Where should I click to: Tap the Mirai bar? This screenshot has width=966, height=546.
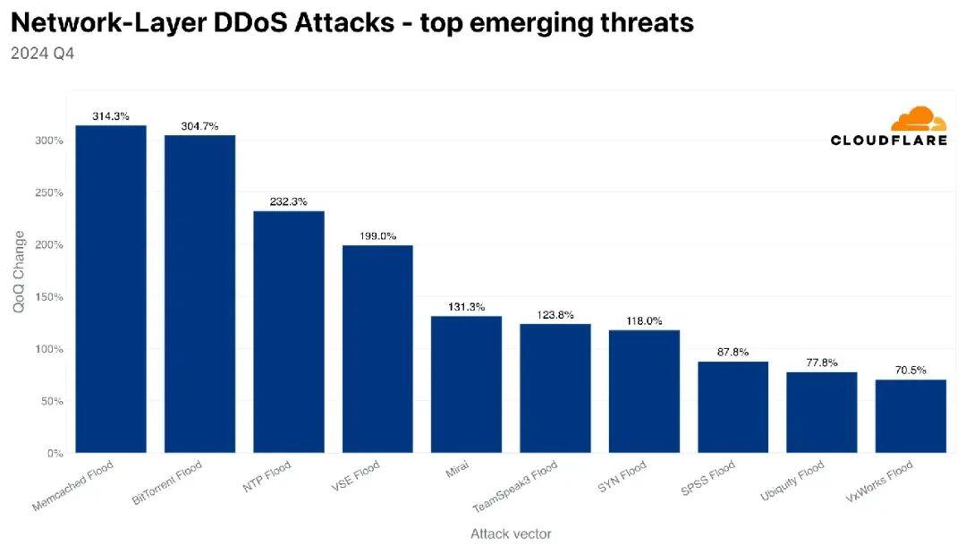[x=466, y=384]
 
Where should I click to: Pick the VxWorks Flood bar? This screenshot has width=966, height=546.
[x=911, y=415]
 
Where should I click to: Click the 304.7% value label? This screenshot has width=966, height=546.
[x=199, y=126]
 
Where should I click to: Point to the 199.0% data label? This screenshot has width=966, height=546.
[x=377, y=236]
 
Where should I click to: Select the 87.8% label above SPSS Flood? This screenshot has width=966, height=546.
[x=733, y=353]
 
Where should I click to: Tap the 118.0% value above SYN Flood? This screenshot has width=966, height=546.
[x=644, y=320]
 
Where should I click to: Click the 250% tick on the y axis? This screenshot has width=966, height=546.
[x=48, y=192]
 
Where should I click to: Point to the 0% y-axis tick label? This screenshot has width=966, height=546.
[x=55, y=453]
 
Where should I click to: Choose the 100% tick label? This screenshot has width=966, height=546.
[x=48, y=349]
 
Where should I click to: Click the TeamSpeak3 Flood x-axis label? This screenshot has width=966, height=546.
[x=516, y=486]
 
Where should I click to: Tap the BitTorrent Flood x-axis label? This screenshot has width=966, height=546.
[x=168, y=483]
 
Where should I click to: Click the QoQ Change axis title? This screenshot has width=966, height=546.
[x=19, y=271]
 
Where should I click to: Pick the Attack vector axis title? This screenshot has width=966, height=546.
[x=511, y=533]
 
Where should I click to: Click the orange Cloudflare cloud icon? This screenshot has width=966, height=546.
[x=918, y=120]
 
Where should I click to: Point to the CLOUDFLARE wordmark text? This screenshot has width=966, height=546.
[x=888, y=140]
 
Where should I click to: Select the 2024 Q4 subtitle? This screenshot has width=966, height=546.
[x=42, y=54]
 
